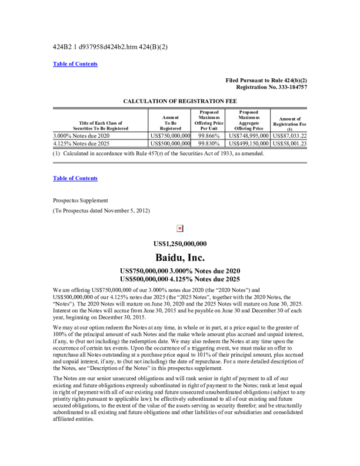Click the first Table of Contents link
[x=75, y=64]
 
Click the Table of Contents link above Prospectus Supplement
[x=75, y=178]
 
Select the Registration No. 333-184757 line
[x=266, y=87]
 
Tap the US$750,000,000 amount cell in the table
[x=170, y=136]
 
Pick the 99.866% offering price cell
[x=208, y=136]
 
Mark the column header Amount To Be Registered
[x=170, y=122]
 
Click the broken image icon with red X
[x=179, y=228]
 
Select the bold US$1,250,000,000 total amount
[x=179, y=244]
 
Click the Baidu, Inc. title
[x=179, y=258]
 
